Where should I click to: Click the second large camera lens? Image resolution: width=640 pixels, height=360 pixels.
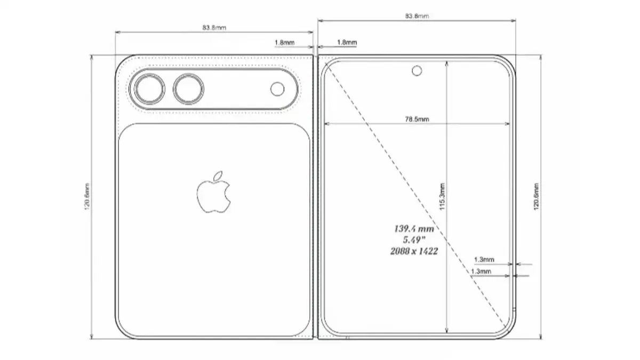188,89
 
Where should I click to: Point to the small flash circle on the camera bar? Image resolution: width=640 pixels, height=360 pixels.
277,89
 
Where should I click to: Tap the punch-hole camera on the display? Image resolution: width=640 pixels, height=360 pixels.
416,70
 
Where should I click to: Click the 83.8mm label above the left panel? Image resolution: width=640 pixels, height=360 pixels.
213,28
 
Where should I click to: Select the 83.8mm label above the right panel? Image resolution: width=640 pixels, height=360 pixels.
417,17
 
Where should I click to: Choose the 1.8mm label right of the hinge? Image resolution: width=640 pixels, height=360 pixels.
347,42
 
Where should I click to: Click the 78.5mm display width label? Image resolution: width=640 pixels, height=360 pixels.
417,119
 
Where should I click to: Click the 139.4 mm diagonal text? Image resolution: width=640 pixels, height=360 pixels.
413,229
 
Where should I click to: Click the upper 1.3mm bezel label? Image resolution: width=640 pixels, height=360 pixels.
484,260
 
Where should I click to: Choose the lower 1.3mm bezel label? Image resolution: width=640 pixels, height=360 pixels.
481,271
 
